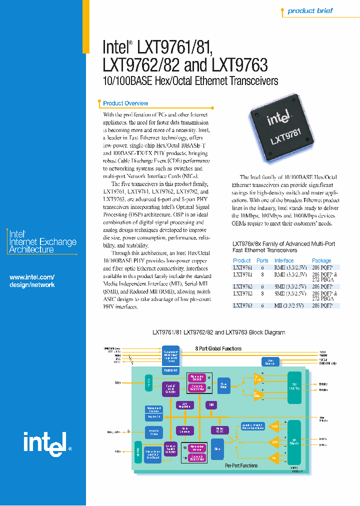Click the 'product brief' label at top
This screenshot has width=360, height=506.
pos(309,10)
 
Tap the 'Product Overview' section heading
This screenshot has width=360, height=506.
pos(125,103)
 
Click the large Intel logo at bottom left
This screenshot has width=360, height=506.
pos(43,442)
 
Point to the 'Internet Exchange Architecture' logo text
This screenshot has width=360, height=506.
pos(43,241)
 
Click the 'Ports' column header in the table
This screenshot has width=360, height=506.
pos(262,260)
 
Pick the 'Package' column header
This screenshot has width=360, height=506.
pos(321,260)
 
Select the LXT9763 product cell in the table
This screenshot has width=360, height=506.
pos(242,305)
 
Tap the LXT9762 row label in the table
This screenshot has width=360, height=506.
pos(242,286)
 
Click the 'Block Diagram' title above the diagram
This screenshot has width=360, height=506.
pos(218,332)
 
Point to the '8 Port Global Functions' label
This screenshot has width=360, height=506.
pos(218,348)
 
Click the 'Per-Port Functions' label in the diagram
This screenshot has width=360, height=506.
pos(241,465)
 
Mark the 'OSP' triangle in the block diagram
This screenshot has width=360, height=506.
pos(274,442)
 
